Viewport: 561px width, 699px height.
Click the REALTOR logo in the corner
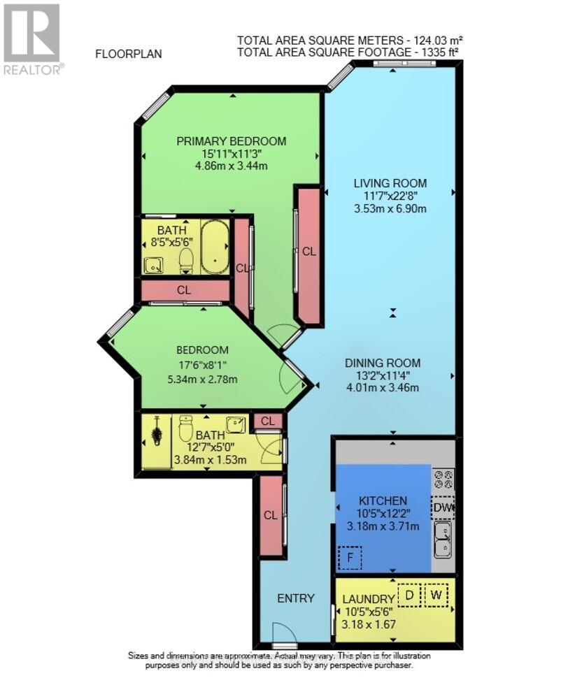(32, 38)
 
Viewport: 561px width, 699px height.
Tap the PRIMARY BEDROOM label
(231, 141)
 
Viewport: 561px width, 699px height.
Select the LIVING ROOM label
(390, 183)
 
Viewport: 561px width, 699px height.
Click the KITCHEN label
(383, 501)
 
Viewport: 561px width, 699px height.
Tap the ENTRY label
(296, 598)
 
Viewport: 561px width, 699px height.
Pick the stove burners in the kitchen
(443, 480)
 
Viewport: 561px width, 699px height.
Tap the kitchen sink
(443, 540)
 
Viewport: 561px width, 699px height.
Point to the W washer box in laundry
(436, 596)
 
